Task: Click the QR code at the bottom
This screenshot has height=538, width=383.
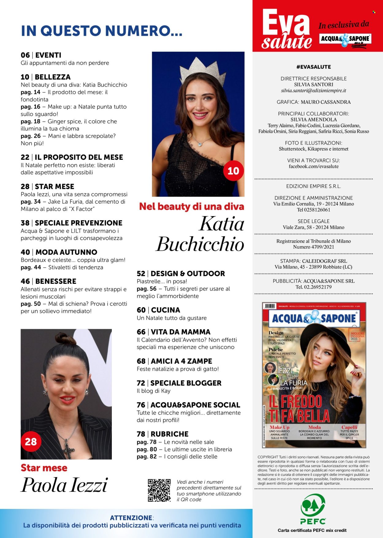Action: click(x=159, y=490)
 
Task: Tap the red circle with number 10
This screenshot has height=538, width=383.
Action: click(x=233, y=171)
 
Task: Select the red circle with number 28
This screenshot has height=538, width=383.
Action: click(x=31, y=441)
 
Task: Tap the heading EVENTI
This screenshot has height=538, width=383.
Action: click(x=48, y=55)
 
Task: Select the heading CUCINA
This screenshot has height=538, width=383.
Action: click(x=165, y=310)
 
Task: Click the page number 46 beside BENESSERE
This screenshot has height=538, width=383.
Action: click(x=25, y=281)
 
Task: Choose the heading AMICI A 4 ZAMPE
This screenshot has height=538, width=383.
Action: click(x=181, y=361)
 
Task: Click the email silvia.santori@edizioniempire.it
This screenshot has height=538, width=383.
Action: click(x=313, y=91)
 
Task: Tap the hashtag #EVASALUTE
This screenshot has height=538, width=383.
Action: click(x=313, y=67)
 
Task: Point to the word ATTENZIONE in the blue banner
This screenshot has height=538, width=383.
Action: click(x=131, y=518)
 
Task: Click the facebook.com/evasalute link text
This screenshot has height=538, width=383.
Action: click(x=313, y=167)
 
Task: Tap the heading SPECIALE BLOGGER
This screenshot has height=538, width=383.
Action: click(x=186, y=383)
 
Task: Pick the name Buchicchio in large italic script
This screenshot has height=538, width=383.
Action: click(x=200, y=244)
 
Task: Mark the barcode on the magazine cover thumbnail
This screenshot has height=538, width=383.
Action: click(x=270, y=306)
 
